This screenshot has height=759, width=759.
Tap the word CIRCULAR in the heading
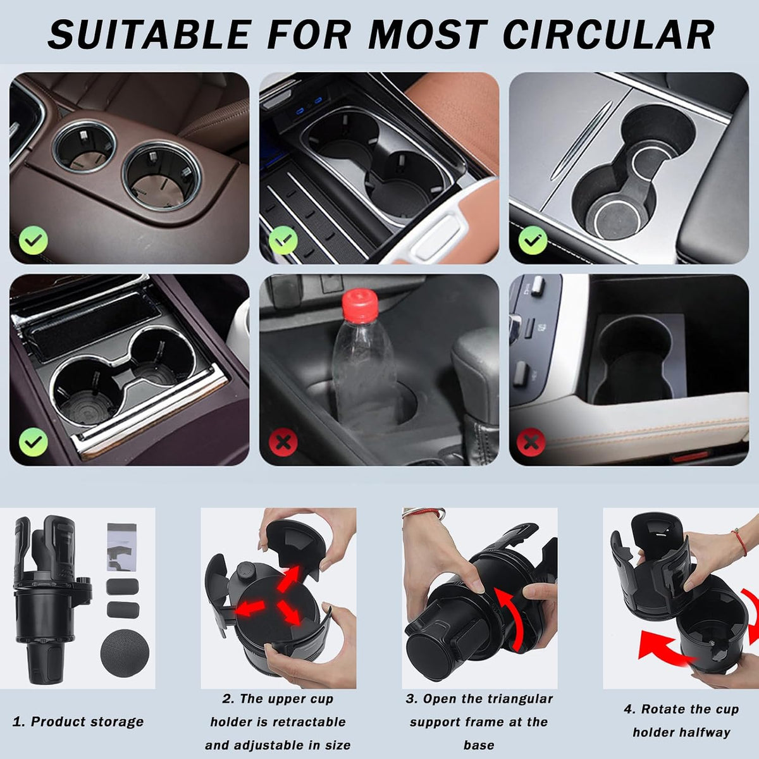click(x=608, y=35)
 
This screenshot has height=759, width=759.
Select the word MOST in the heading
click(x=426, y=35)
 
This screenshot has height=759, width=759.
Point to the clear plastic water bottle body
click(x=364, y=374)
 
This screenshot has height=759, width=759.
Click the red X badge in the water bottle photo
click(x=283, y=442)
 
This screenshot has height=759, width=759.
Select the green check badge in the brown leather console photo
click(x=34, y=240)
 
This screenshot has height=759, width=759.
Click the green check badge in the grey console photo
click(x=533, y=240)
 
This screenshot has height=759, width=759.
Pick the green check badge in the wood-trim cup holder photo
click(x=34, y=442)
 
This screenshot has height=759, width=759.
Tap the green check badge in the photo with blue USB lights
click(x=283, y=240)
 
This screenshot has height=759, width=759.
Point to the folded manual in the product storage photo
click(x=121, y=547)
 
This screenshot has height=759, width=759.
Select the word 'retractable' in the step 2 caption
click(x=304, y=722)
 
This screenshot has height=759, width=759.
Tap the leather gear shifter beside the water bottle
click(x=474, y=394)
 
